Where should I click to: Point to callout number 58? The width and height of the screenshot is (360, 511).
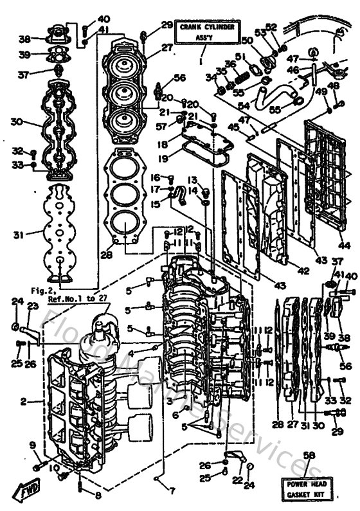click(x=309, y=455)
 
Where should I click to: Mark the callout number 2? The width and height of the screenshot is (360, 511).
click(x=23, y=402)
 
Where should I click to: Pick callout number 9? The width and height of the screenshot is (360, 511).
click(x=32, y=445)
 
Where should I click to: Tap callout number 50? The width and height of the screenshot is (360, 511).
click(x=246, y=40)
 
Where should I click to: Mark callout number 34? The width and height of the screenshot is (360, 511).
click(x=209, y=78)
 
